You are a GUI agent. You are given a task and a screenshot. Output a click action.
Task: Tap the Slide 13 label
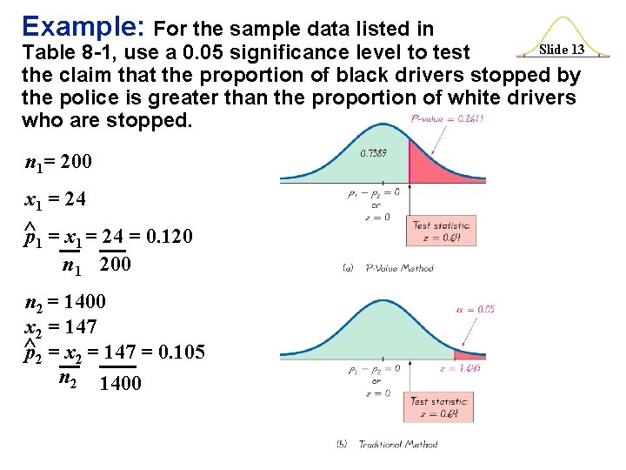pyautogui.click(x=562, y=50)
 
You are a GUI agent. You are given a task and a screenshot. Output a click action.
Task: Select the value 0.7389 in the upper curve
pyautogui.click(x=373, y=153)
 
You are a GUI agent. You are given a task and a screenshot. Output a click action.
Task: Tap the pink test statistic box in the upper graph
pyautogui.click(x=441, y=231)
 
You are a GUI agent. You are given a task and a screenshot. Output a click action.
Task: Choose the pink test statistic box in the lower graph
pyautogui.click(x=440, y=406)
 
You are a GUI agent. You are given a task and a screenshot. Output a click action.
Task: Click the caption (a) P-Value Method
pyautogui.click(x=388, y=268)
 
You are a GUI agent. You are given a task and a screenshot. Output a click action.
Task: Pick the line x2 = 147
pyautogui.click(x=60, y=327)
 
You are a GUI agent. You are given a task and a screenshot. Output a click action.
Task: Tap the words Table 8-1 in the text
pyautogui.click(x=60, y=52)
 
